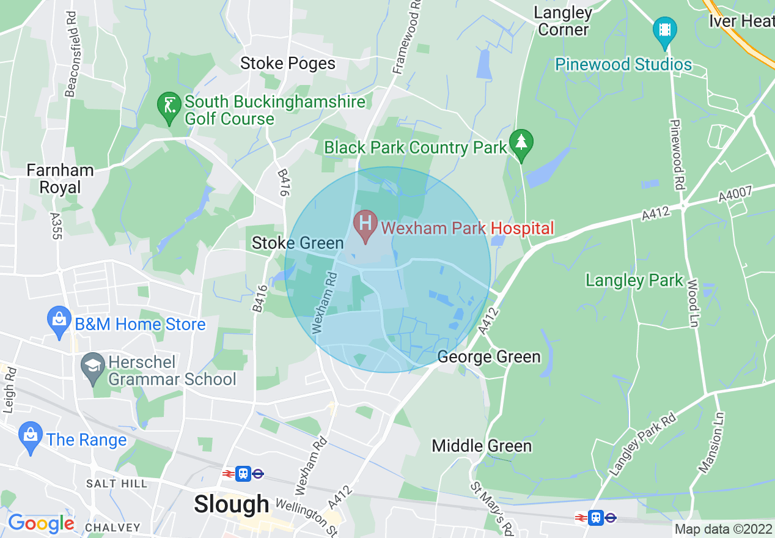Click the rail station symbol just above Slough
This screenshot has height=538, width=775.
point(243,473)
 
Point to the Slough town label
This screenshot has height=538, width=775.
point(231,504)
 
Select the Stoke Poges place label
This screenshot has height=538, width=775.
point(288,64)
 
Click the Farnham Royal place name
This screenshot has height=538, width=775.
point(60,179)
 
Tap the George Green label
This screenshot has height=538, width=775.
point(489,356)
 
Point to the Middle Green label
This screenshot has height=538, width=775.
point(482,446)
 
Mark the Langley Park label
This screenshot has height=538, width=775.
point(634,281)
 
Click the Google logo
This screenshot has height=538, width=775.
point(41,524)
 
